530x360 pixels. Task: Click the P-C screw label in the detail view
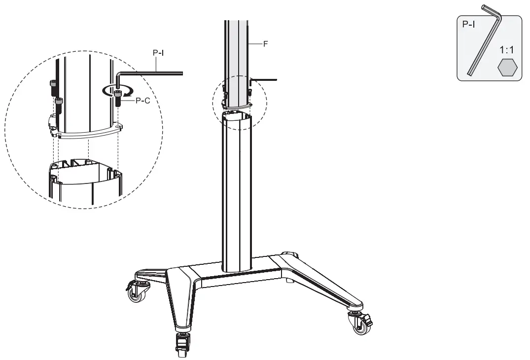(143, 100)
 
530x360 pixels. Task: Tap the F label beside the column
(265, 44)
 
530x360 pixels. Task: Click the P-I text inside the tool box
(468, 24)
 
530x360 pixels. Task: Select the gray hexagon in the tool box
(507, 68)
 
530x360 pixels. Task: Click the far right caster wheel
(359, 327)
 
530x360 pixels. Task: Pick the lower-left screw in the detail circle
(59, 105)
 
